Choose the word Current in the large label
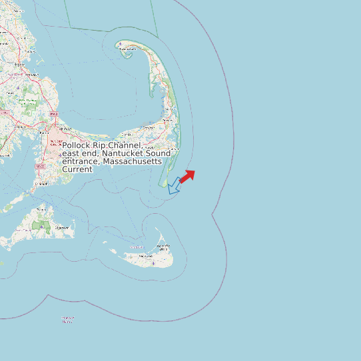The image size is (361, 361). (x=77, y=169)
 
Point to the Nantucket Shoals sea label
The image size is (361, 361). (x=68, y=320)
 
